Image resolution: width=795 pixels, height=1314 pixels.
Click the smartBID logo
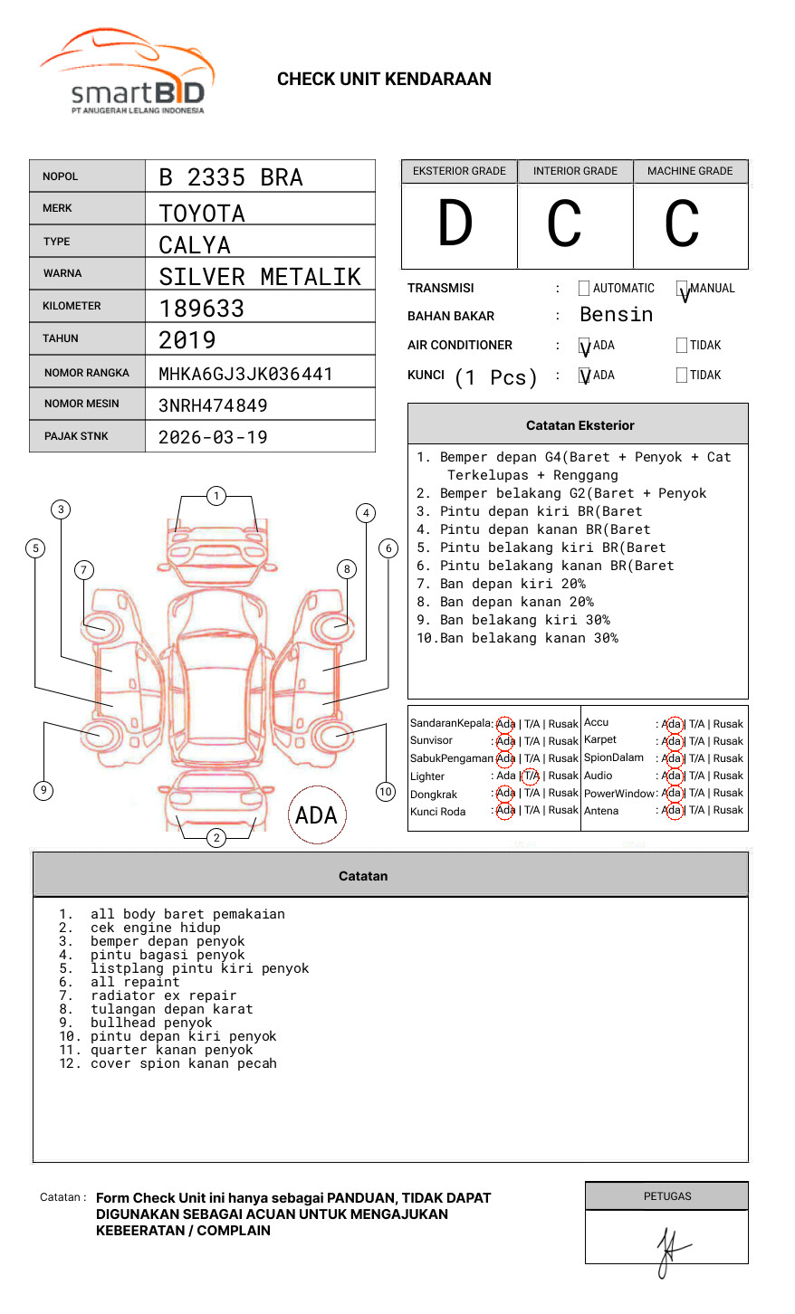pyautogui.click(x=127, y=72)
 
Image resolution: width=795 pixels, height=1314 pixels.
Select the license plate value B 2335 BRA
pyautogui.click(x=231, y=177)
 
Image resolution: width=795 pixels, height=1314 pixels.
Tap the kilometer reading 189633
pyautogui.click(x=201, y=309)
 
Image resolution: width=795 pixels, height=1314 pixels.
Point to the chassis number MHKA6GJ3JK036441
pyautogui.click(x=245, y=374)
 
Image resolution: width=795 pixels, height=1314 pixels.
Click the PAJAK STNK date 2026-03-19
pyautogui.click(x=213, y=437)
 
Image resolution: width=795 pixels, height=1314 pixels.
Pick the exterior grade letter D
pyautogui.click(x=455, y=224)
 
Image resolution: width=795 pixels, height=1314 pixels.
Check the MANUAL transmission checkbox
pyautogui.click(x=682, y=289)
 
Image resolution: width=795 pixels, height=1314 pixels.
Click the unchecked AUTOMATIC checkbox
pyautogui.click(x=584, y=289)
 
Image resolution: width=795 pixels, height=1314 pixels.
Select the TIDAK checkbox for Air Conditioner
pyautogui.click(x=682, y=346)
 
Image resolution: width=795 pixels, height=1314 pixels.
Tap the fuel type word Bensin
pyautogui.click(x=616, y=315)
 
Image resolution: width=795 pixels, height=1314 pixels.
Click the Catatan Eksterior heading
pyautogui.click(x=579, y=425)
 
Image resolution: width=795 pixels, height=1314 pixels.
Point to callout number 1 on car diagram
pyautogui.click(x=216, y=496)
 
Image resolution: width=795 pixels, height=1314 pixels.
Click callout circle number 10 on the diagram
pyautogui.click(x=386, y=792)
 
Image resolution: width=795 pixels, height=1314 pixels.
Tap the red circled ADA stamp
pyautogui.click(x=316, y=815)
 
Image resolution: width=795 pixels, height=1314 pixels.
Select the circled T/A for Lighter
pyautogui.click(x=531, y=776)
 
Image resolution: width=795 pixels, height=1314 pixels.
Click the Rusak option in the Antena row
pyautogui.click(x=728, y=810)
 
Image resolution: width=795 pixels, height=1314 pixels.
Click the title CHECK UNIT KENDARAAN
pyautogui.click(x=384, y=80)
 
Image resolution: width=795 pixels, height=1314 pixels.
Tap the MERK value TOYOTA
pyautogui.click(x=202, y=214)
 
